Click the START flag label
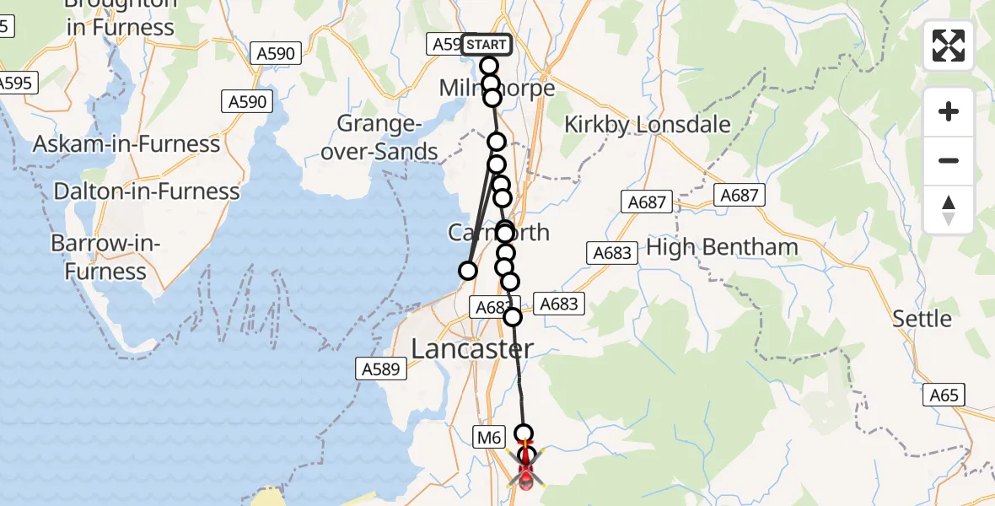486,44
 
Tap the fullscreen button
949,46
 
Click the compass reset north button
949,210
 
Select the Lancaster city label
472,348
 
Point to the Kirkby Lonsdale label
647,125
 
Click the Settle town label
922,319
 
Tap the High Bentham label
721,247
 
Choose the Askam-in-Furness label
126,144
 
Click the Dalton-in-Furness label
147,191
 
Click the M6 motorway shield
489,437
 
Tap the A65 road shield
944,395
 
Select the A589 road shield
383,369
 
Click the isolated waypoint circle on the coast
467,271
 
